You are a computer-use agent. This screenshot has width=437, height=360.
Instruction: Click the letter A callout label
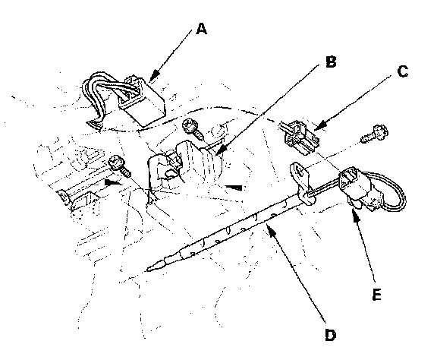point(201,29)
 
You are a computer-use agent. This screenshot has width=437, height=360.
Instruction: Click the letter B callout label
point(331,62)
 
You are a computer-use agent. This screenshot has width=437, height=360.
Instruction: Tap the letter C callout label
point(402,71)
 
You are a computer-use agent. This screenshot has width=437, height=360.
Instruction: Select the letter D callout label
point(331,335)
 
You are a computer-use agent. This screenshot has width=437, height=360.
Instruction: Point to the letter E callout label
point(376,295)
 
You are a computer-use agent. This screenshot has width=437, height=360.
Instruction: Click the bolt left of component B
point(119,166)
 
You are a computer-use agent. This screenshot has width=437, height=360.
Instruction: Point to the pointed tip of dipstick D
point(148,270)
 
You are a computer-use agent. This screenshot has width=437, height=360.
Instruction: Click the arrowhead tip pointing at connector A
point(150,81)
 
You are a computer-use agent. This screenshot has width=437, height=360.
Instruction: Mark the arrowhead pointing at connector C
point(314,130)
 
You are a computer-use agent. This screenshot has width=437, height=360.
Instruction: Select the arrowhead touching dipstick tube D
point(268,226)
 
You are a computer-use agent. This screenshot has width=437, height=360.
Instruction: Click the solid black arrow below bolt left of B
point(114,183)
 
